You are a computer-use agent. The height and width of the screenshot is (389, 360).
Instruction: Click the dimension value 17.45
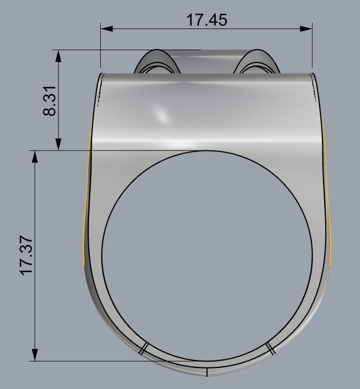206,20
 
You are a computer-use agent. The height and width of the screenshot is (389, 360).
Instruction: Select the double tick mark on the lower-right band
270,347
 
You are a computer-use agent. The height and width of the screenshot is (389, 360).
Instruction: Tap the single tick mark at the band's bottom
206,372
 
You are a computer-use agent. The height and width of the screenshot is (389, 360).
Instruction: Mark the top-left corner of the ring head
101,74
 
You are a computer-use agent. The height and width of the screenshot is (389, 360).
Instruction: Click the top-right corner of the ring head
315,74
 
